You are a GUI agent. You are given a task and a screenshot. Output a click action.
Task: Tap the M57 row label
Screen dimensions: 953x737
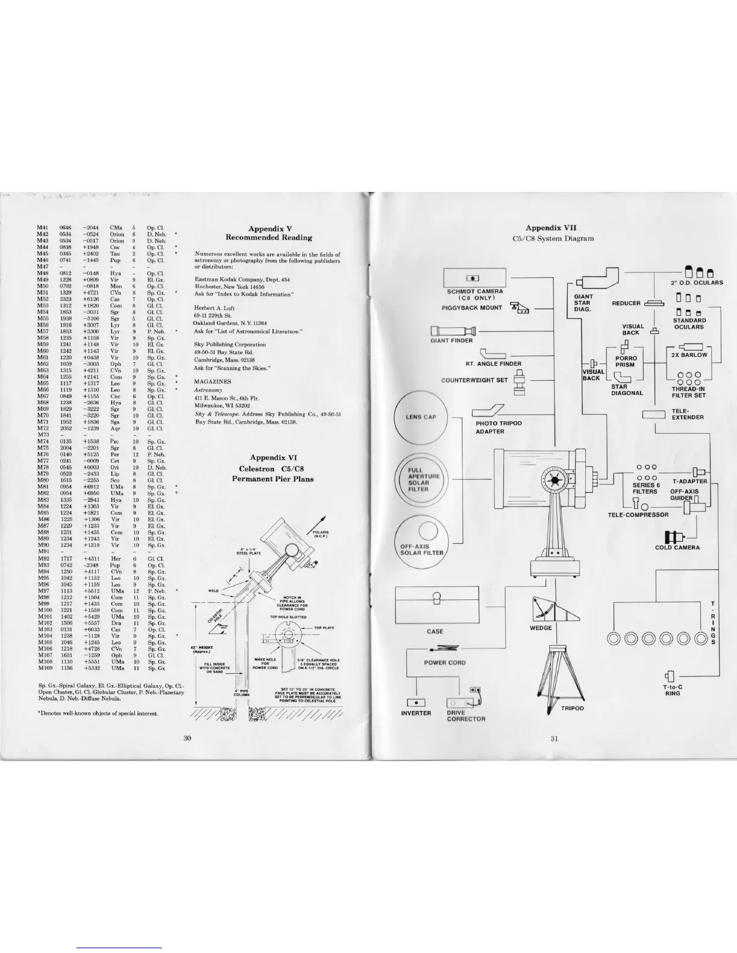[x=43, y=332]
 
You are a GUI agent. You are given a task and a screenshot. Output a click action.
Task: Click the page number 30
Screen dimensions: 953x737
[x=187, y=739]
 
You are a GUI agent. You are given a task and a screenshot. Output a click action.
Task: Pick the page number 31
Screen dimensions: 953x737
[x=553, y=739]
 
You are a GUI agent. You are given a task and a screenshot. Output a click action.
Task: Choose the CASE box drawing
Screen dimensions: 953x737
[x=435, y=605]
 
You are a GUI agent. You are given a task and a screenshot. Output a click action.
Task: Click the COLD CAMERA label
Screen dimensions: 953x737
[x=677, y=547]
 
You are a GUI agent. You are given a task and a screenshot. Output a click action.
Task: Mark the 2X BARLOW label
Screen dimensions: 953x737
[x=689, y=355]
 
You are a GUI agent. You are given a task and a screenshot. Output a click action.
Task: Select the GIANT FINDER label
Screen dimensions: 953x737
[x=452, y=341]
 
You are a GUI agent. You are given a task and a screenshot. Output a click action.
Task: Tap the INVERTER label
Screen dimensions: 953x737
[x=416, y=714]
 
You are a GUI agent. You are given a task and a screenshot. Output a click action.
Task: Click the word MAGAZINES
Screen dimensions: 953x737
[x=212, y=381]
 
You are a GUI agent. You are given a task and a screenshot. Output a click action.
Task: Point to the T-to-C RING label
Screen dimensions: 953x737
[x=672, y=690]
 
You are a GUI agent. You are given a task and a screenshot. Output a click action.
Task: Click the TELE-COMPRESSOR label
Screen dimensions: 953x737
[x=638, y=515]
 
